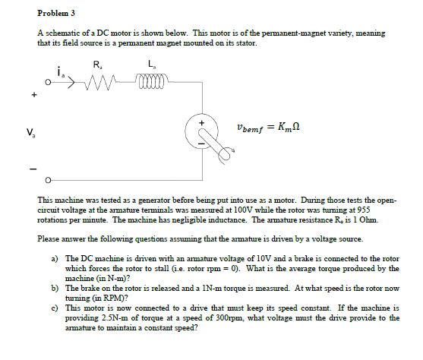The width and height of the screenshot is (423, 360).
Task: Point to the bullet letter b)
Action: tap(55, 289)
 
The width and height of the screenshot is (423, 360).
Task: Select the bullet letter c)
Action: tap(55, 308)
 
